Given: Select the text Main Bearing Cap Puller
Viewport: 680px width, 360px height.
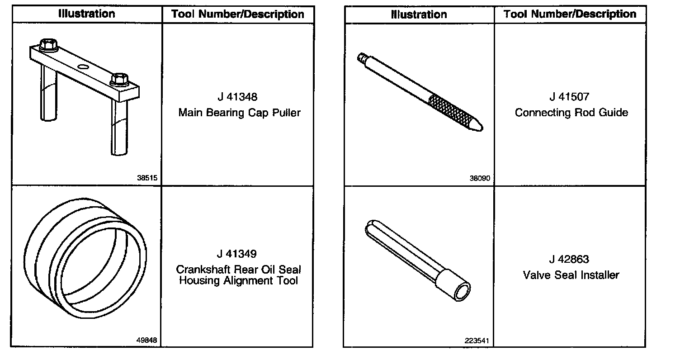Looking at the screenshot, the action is (x=239, y=113).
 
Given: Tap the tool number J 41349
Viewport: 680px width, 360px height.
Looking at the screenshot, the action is (x=237, y=254).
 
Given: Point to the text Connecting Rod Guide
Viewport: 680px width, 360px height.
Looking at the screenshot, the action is (x=571, y=113).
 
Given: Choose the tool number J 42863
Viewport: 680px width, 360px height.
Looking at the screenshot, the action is (x=570, y=260).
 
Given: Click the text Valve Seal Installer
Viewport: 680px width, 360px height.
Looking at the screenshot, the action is (x=571, y=275).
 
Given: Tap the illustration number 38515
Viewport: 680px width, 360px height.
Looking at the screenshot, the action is (x=147, y=178).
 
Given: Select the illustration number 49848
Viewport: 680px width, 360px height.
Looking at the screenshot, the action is (x=147, y=340).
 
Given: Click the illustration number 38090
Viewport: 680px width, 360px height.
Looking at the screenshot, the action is (x=480, y=178).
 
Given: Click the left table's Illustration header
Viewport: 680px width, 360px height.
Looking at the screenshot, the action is (x=87, y=14).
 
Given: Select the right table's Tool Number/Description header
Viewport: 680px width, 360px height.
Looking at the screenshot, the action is (x=570, y=14).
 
